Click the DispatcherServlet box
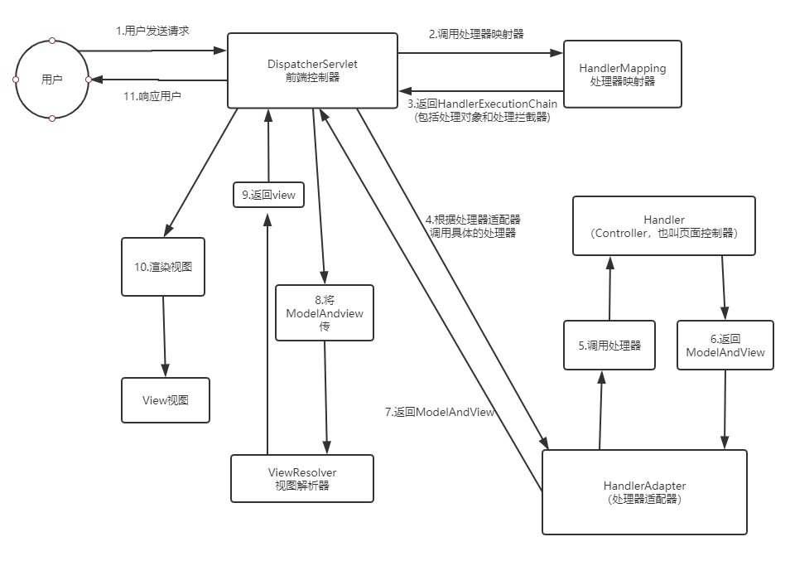312,70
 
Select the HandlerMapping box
622,74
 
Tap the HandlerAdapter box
644,492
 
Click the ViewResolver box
301,478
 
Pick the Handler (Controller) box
664,226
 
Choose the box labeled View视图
166,400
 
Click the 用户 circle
52,80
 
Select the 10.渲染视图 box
163,267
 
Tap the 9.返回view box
268,195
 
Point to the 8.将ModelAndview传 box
325,312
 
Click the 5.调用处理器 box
609,345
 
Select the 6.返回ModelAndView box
725,345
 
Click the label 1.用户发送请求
152,31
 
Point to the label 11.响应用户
152,96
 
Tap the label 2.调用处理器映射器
475,34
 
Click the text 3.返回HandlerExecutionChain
482,103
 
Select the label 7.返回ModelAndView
440,412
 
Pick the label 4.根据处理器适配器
473,220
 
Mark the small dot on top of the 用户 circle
52,40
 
